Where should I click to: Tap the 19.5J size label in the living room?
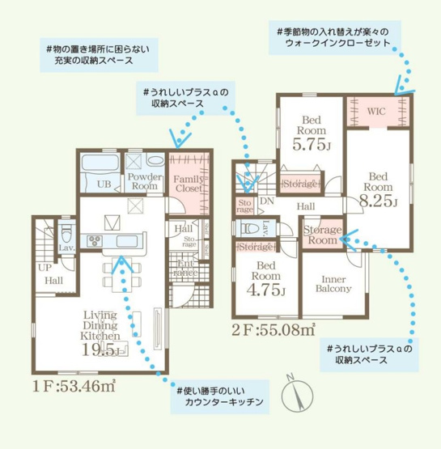100,349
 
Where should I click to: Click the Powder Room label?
143,181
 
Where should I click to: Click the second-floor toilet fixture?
250,228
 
